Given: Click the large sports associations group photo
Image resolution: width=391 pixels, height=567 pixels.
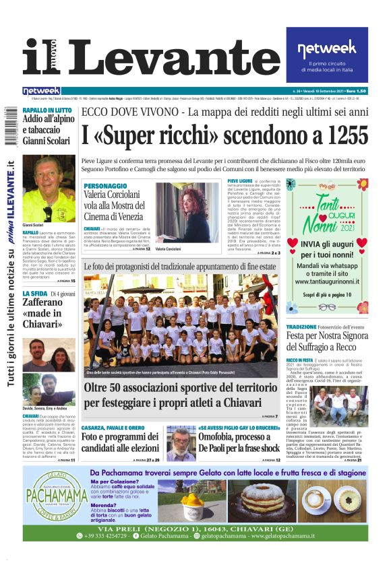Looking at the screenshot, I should [x=182, y=325].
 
